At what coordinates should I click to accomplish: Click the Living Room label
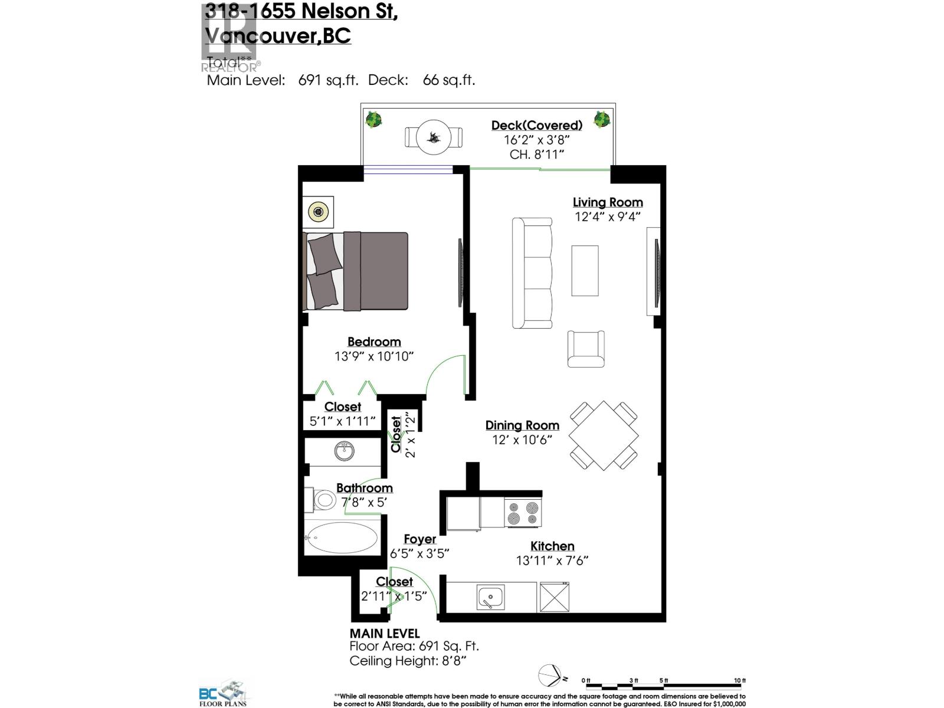(608, 202)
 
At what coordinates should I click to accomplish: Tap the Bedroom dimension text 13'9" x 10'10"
(374, 356)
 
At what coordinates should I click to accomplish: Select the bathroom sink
(344, 452)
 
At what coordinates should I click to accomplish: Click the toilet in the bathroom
(320, 500)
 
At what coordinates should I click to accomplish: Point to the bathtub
(342, 537)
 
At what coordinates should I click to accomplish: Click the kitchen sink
(490, 598)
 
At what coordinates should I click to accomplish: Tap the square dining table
(604, 436)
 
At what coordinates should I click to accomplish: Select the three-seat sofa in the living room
(532, 273)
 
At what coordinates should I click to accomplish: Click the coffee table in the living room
(585, 271)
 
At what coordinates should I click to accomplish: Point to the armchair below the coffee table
(586, 349)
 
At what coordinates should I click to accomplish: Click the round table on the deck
(434, 137)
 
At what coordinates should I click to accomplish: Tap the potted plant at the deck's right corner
(601, 119)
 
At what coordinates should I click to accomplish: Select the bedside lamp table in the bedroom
(319, 212)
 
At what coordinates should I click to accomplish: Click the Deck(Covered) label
(537, 125)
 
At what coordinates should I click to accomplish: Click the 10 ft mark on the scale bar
(740, 681)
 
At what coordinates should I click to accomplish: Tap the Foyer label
(420, 539)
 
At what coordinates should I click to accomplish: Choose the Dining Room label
(522, 425)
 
